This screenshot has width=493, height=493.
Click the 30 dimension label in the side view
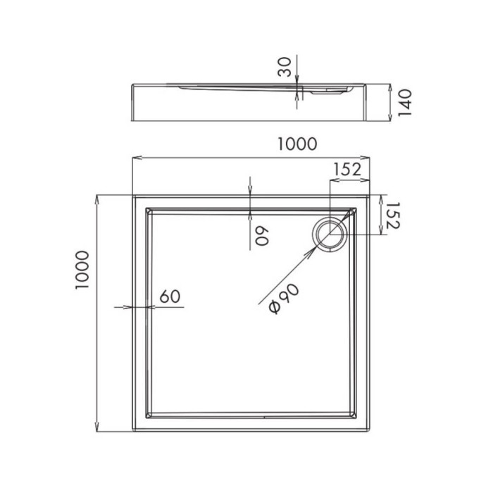pyautogui.click(x=284, y=68)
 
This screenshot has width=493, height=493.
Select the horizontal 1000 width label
pyautogui.click(x=297, y=144)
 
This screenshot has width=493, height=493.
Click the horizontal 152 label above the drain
pyautogui.click(x=347, y=169)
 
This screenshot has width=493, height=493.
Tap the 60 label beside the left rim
pyautogui.click(x=169, y=297)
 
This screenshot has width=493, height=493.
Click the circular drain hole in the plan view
pyautogui.click(x=330, y=233)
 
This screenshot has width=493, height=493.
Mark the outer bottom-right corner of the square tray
pyautogui.click(x=368, y=432)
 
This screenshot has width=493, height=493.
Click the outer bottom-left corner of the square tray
pyautogui.click(x=134, y=432)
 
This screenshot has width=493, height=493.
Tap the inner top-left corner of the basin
pyautogui.click(x=146, y=209)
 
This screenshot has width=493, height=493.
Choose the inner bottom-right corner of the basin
pyautogui.click(x=356, y=420)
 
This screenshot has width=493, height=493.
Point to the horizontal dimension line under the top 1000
pyautogui.click(x=211, y=157)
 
